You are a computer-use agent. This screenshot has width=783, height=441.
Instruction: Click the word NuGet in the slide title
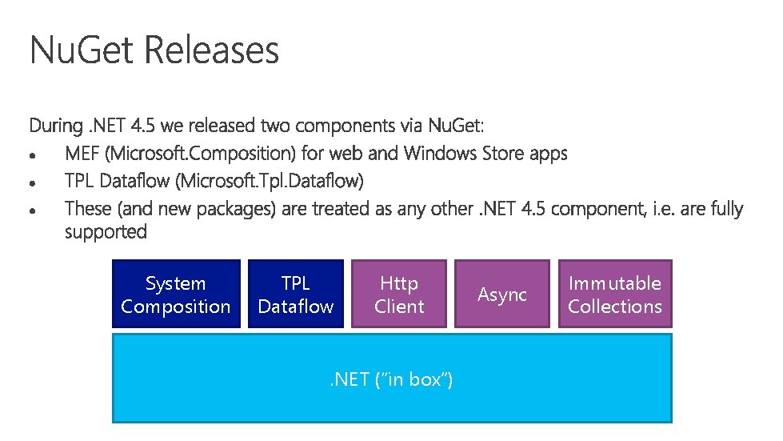tap(83, 50)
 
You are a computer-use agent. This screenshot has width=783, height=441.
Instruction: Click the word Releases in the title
tap(212, 50)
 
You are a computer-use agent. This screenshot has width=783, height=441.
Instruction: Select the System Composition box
tap(176, 295)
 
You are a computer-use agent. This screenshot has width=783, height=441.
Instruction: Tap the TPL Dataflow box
tap(296, 295)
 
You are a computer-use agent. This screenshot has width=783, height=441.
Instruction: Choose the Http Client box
tap(399, 295)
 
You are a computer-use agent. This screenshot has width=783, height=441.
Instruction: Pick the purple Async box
tap(502, 295)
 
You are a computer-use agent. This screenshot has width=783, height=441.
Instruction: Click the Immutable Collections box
tap(615, 295)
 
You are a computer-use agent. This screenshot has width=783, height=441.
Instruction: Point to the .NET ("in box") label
tap(392, 379)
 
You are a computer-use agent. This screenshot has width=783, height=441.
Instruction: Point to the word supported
tap(106, 232)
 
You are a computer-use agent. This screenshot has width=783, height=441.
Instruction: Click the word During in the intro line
tap(55, 126)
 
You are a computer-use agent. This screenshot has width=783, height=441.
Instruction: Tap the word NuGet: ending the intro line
tap(456, 126)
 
